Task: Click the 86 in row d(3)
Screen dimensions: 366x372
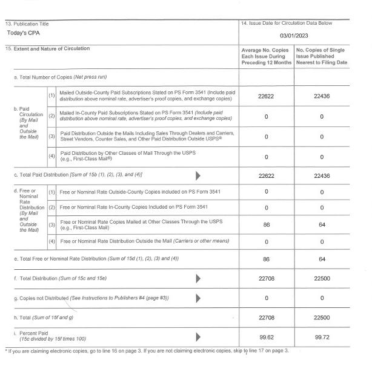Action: tap(265, 230)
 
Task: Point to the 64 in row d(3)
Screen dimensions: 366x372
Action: tap(321, 230)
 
